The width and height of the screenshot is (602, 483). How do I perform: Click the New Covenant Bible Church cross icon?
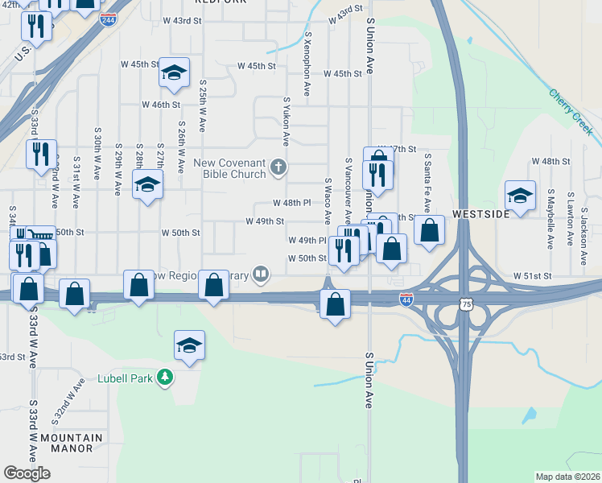(278, 167)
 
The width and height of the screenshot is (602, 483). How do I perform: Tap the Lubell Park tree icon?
(165, 377)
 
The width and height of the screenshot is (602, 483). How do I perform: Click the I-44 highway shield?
(407, 299)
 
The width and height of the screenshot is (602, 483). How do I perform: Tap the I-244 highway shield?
(108, 19)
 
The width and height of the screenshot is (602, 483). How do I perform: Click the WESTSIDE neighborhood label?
(480, 215)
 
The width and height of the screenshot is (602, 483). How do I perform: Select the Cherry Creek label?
(571, 112)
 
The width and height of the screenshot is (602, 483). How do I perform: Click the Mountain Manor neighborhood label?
(72, 443)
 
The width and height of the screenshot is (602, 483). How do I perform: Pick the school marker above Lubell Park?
(189, 345)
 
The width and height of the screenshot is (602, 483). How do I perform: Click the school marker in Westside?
(520, 194)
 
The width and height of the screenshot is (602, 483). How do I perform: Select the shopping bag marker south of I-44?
(335, 304)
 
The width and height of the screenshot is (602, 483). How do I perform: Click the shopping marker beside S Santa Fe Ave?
(430, 229)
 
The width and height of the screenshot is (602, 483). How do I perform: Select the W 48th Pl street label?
(291, 203)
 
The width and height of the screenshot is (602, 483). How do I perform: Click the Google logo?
(27, 473)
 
